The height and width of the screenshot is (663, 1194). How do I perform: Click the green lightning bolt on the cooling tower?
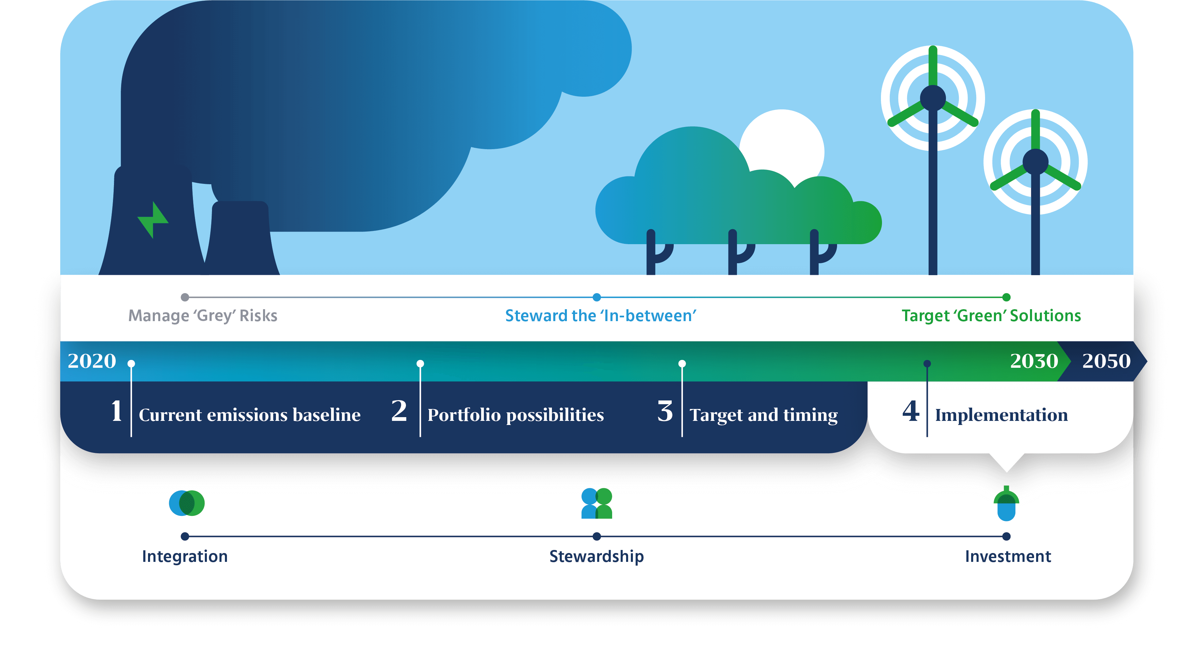pyautogui.click(x=153, y=220)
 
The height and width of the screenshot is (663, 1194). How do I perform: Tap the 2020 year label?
pyautogui.click(x=92, y=361)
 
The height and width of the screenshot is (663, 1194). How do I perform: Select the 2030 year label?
pyautogui.click(x=1034, y=361)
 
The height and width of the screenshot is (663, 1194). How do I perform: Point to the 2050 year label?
pyautogui.click(x=1107, y=361)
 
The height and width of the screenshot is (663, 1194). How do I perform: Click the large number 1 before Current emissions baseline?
pyautogui.click(x=117, y=411)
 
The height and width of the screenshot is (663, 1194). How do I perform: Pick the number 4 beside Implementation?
pyautogui.click(x=911, y=411)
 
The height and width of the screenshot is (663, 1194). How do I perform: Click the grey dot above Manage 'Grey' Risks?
pyautogui.click(x=185, y=297)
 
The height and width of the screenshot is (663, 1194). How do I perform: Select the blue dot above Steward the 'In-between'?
pyautogui.click(x=597, y=297)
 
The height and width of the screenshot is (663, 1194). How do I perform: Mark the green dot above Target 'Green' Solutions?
pyautogui.click(x=1006, y=297)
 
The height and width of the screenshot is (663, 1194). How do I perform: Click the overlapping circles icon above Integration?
pyautogui.click(x=187, y=503)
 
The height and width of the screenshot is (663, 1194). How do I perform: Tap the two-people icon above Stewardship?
pyautogui.click(x=597, y=503)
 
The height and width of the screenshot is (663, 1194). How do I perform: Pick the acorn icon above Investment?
pyautogui.click(x=1006, y=503)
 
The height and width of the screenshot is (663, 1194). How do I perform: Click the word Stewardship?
pyautogui.click(x=596, y=556)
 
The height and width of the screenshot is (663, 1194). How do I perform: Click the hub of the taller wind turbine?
pyautogui.click(x=933, y=98)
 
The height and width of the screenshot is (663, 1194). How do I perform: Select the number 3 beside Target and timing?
pyautogui.click(x=665, y=411)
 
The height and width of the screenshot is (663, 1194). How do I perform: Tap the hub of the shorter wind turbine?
pyautogui.click(x=1035, y=161)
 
